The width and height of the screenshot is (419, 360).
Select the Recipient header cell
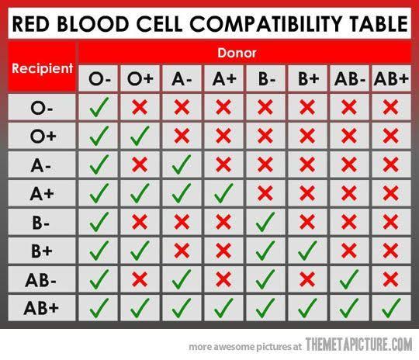click(x=41, y=68)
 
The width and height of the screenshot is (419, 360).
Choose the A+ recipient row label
click(x=41, y=191)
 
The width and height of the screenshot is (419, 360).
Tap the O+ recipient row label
click(x=41, y=136)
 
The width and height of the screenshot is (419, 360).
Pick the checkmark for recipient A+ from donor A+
click(x=223, y=191)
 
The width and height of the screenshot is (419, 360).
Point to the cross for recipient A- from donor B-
click(x=265, y=164)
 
